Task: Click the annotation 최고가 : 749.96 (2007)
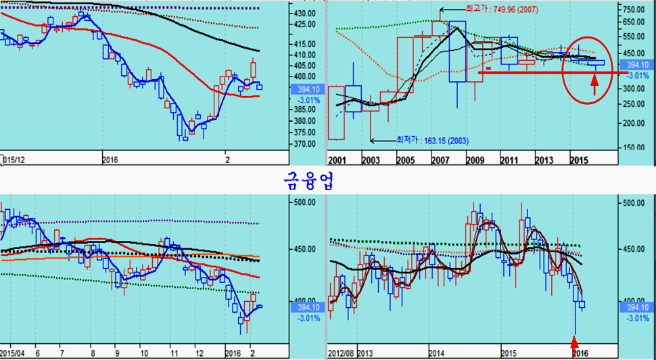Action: coord(502,9)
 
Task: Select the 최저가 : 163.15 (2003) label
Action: coord(433,141)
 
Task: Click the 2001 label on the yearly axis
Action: coord(336,160)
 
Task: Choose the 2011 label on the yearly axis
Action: coord(509,160)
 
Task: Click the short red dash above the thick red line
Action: coord(489,68)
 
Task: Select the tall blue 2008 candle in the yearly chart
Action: coord(457,51)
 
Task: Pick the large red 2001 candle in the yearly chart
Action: coord(336,112)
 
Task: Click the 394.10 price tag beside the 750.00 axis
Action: coord(638,64)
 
